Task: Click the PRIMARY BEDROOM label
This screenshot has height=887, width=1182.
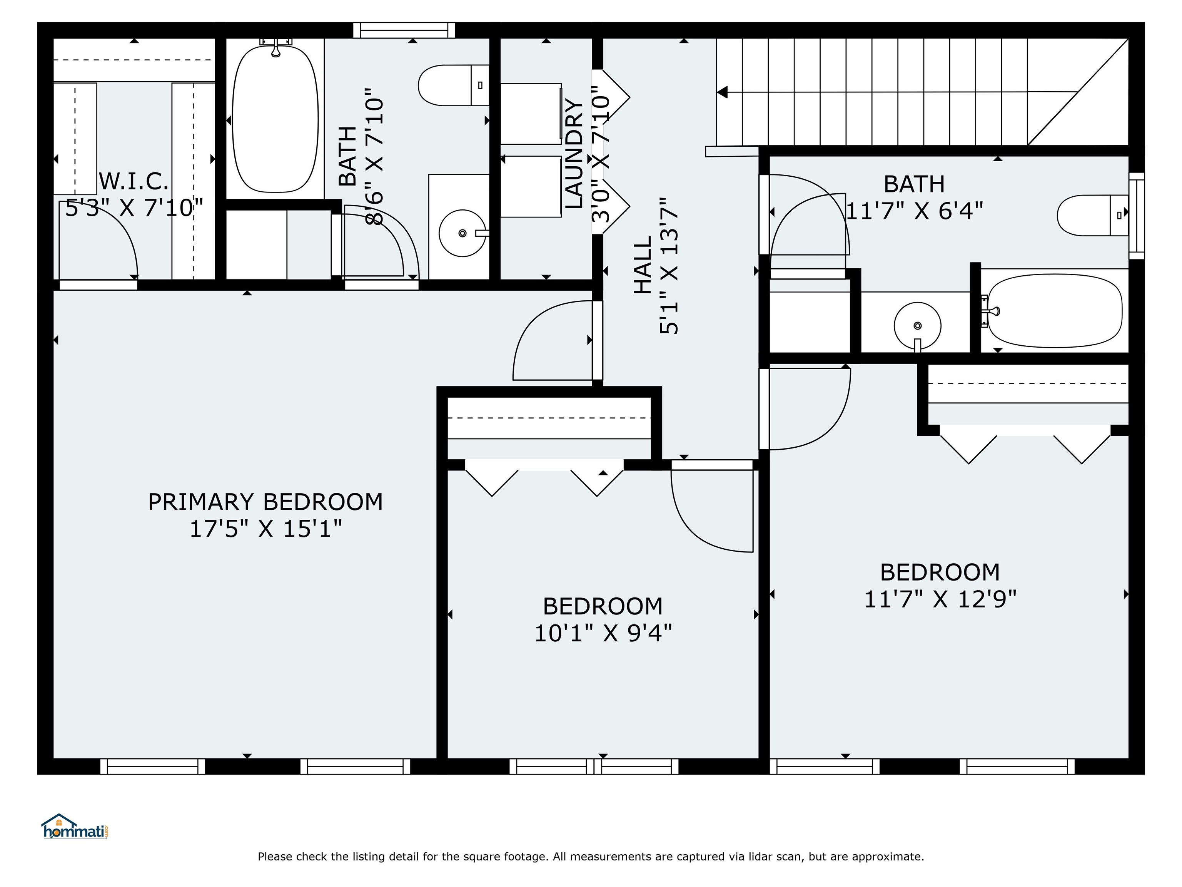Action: click(x=265, y=502)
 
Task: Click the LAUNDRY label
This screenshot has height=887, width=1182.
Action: click(x=574, y=154)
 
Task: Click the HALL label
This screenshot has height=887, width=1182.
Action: click(x=643, y=266)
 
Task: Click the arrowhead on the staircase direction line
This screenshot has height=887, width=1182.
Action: click(x=723, y=92)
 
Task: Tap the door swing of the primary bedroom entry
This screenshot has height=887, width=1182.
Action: click(x=550, y=342)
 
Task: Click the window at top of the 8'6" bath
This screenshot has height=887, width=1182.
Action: click(x=404, y=30)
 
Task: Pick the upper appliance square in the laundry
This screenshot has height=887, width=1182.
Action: click(x=531, y=113)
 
